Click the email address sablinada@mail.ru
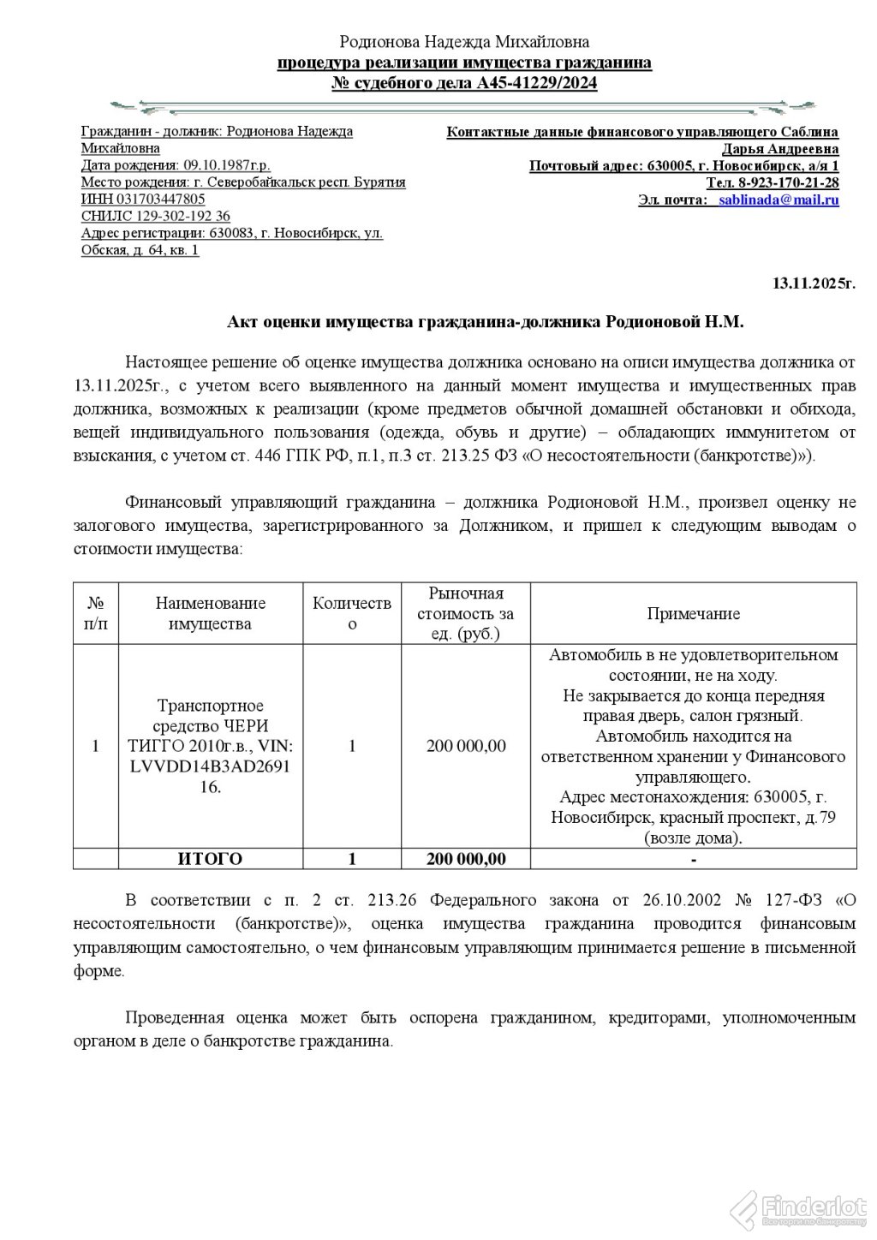(779, 200)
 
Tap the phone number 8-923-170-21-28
(788, 182)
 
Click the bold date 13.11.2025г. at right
(814, 282)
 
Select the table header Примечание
(693, 613)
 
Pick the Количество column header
(352, 613)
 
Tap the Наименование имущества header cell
(210, 613)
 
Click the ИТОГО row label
(210, 858)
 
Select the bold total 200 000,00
(466, 858)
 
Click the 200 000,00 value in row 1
(466, 746)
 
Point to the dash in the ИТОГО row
(693, 858)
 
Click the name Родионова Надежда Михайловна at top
(464, 41)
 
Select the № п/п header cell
(96, 613)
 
